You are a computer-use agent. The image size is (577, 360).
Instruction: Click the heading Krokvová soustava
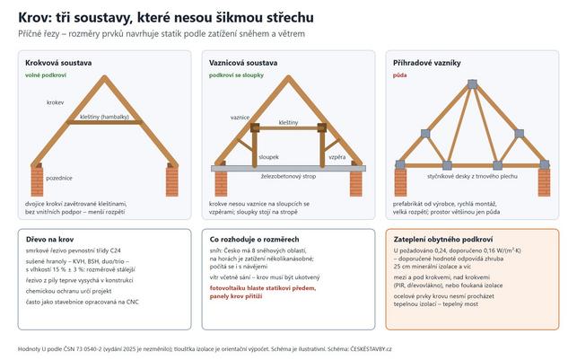coord(58,63)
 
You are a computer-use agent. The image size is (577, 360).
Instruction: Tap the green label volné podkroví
coord(46,75)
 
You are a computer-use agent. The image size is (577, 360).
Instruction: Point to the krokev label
coord(56,102)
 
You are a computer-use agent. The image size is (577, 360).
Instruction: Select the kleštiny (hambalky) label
coord(104,117)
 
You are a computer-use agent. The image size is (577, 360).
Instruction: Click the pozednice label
coord(59,178)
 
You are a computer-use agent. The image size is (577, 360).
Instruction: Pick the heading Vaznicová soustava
coord(243,63)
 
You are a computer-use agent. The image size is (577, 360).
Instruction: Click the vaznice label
coord(240,118)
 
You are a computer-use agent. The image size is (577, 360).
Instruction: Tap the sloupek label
coord(268,157)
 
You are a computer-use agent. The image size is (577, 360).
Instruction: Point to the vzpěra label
coord(337,157)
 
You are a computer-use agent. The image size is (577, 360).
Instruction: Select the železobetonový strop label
coord(289,177)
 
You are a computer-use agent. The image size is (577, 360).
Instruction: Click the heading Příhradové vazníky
coord(427,63)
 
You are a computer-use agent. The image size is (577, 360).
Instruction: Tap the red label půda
coord(399,75)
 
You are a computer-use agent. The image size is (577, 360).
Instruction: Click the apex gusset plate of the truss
coord(472,84)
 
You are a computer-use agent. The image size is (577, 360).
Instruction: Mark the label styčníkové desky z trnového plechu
coord(472,176)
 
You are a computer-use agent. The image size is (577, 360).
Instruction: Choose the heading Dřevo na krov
coord(49,240)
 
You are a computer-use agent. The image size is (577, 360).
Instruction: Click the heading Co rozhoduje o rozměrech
coord(254,240)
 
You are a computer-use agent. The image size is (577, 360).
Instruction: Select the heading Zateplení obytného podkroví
coord(443,240)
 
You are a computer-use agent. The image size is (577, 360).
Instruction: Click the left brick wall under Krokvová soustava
coord(37,181)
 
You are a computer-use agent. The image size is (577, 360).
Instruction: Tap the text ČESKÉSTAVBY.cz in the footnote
coord(371,349)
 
